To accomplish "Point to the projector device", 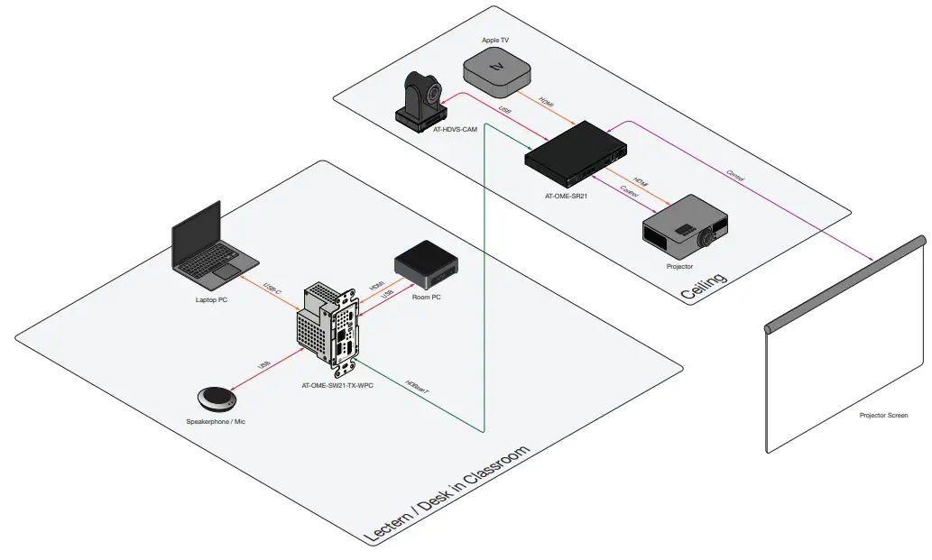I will pyautogui.click(x=684, y=226).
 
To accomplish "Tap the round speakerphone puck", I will pyautogui.click(x=217, y=399).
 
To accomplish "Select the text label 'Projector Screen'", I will pyautogui.click(x=883, y=416).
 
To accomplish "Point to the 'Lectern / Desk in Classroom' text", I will pyautogui.click(x=446, y=495).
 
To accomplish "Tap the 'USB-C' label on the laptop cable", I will pyautogui.click(x=272, y=289).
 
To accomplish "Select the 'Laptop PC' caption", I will pyautogui.click(x=211, y=299).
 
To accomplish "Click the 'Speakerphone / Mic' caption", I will pyautogui.click(x=216, y=422).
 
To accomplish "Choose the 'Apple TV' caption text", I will pyautogui.click(x=495, y=41).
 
